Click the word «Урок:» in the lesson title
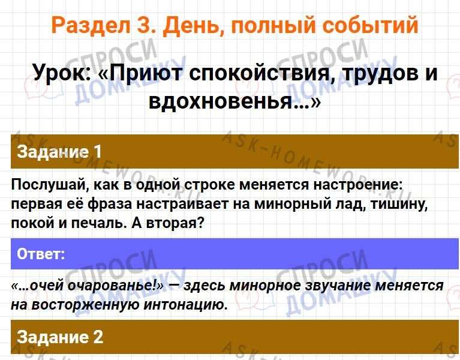[x=62, y=73]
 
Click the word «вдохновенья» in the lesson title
[x=223, y=101]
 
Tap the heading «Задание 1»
[x=59, y=152]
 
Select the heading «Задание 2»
[x=60, y=337]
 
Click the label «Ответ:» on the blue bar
[x=41, y=254]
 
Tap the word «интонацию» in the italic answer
[x=185, y=305]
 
